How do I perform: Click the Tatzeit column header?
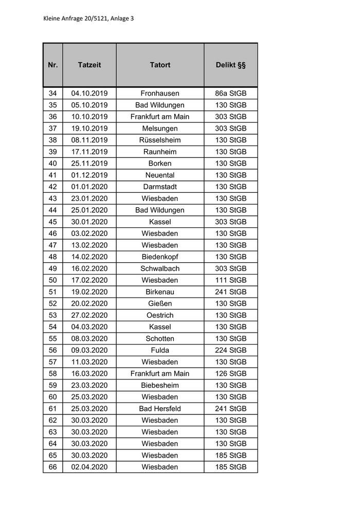[x=89, y=65]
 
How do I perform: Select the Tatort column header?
[x=160, y=65]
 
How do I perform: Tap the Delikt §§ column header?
[x=230, y=65]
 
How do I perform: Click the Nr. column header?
[x=53, y=65]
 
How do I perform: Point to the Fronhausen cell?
[x=160, y=94]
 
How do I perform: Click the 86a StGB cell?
[x=230, y=94]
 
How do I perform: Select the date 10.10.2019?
[x=89, y=117]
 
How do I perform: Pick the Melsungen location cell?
[x=160, y=129]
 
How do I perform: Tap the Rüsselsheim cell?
[x=160, y=140]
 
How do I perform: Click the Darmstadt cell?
[x=160, y=187]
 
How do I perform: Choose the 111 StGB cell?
[x=230, y=280]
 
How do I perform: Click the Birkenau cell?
[x=160, y=292]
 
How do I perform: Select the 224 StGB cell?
[x=230, y=350]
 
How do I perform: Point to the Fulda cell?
[x=160, y=350]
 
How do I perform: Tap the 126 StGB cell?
[x=230, y=374]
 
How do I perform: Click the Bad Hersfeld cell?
[x=160, y=409]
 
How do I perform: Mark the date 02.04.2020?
[x=89, y=467]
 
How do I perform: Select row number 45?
[x=53, y=222]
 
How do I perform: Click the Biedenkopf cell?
[x=160, y=257]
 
